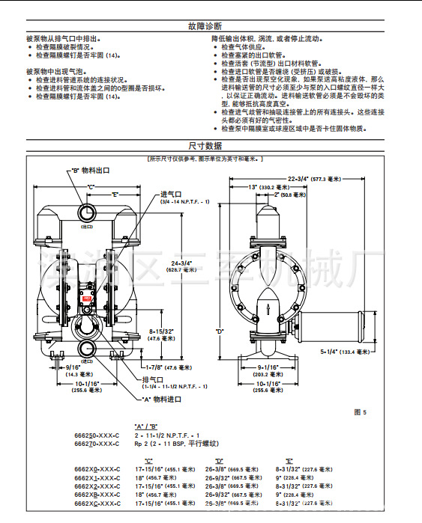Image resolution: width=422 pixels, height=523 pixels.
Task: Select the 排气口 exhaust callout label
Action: pos(152,379)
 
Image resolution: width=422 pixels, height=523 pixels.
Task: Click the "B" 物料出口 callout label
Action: pos(91,170)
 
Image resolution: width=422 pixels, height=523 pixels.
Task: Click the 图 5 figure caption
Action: pos(359,412)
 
